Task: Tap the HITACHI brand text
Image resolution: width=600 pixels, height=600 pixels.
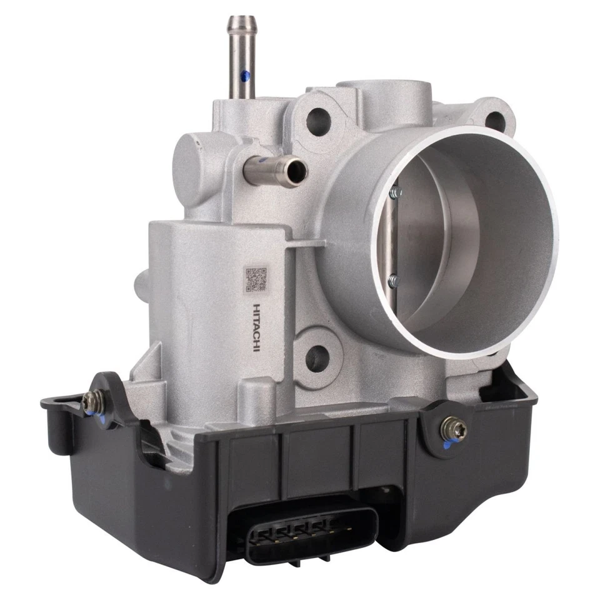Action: tap(256, 327)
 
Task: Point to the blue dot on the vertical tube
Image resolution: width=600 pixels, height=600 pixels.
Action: tap(246, 76)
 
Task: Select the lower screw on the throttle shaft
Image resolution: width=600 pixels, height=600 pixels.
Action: tap(392, 281)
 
